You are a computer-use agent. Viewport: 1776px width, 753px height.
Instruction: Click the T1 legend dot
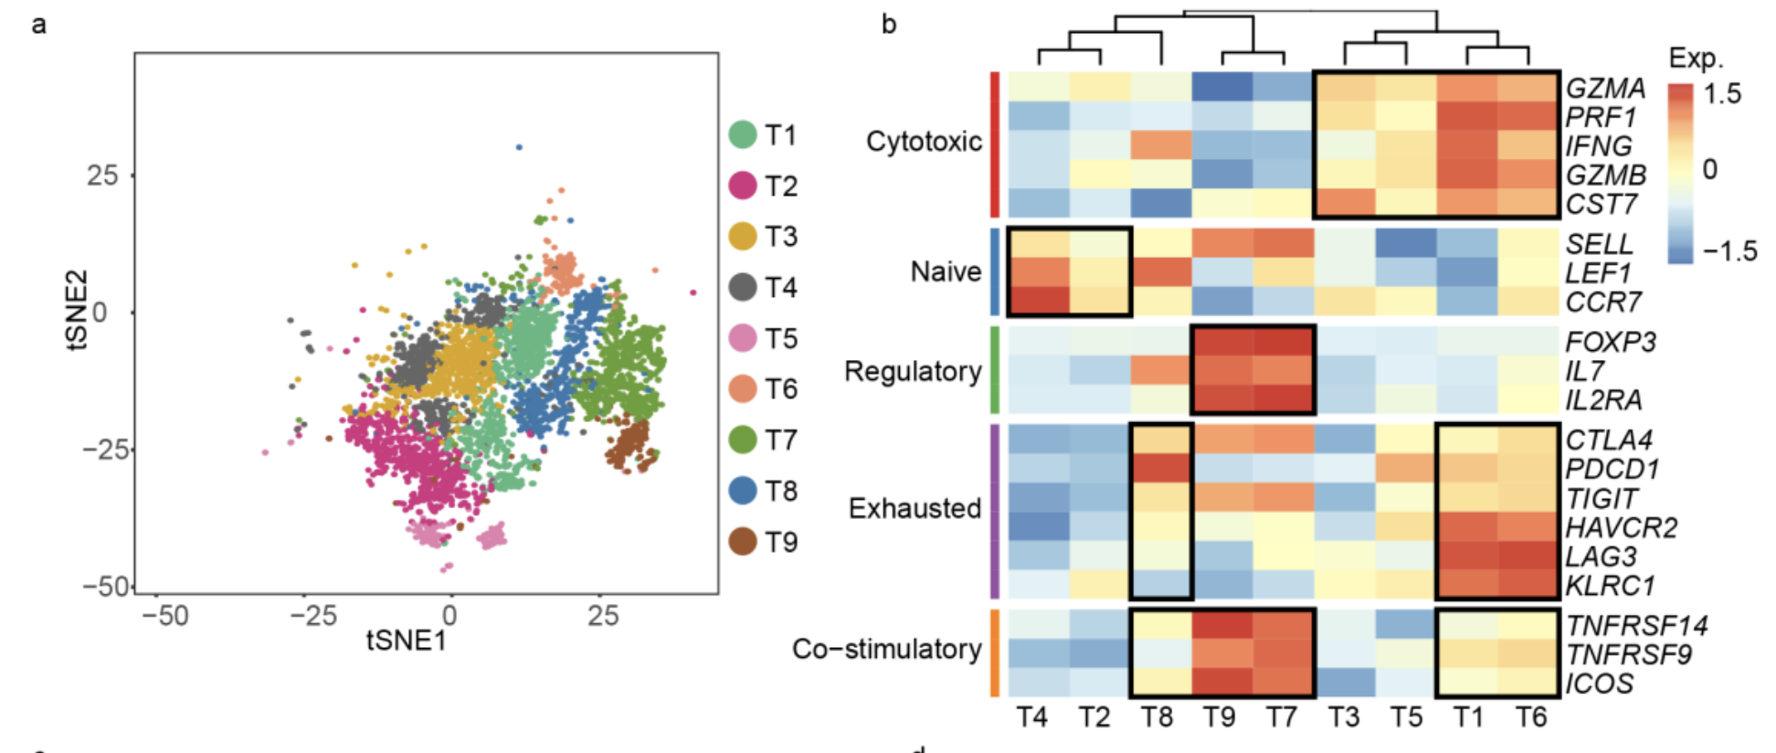(743, 135)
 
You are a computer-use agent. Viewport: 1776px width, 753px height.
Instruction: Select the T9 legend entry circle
(743, 542)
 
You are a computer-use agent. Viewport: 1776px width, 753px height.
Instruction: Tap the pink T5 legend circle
(743, 338)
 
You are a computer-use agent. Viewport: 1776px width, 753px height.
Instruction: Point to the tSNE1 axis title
(406, 641)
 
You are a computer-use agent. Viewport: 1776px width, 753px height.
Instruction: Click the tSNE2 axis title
(78, 310)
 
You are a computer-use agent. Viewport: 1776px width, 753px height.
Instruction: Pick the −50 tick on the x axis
(165, 616)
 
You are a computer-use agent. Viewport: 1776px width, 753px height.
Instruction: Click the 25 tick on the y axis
(102, 175)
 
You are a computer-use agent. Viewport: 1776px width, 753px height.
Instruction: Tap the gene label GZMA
(1605, 88)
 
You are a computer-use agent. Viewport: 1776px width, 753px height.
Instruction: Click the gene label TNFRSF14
(1636, 626)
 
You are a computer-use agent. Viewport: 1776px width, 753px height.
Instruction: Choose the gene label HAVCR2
(1621, 527)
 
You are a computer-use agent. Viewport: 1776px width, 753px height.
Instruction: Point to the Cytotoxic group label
(924, 142)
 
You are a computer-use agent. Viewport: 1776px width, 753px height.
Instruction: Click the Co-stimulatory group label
(886, 649)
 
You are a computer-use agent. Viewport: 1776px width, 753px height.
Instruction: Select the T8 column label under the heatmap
(1157, 717)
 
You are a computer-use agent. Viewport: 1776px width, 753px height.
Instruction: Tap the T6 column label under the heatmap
(1530, 717)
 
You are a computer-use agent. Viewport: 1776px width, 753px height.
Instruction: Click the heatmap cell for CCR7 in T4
(1039, 301)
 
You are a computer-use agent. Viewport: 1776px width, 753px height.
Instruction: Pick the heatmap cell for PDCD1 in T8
(1161, 469)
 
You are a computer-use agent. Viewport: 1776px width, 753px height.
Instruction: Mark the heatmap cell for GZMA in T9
(1222, 87)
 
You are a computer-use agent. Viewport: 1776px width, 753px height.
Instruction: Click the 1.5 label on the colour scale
(1721, 93)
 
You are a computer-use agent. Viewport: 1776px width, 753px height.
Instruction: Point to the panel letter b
(889, 25)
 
